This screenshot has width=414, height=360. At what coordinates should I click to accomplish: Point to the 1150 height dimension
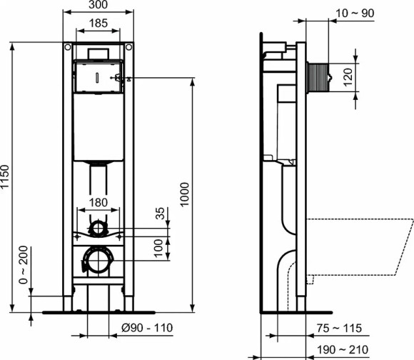6,177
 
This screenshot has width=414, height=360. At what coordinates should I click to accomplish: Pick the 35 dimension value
160,214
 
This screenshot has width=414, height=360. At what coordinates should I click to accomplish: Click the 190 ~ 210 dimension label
339,349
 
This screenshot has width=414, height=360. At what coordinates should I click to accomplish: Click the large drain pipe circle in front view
98,260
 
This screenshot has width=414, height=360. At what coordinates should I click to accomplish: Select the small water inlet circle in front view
99,229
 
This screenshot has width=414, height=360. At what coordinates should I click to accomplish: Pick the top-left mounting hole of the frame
67,48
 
